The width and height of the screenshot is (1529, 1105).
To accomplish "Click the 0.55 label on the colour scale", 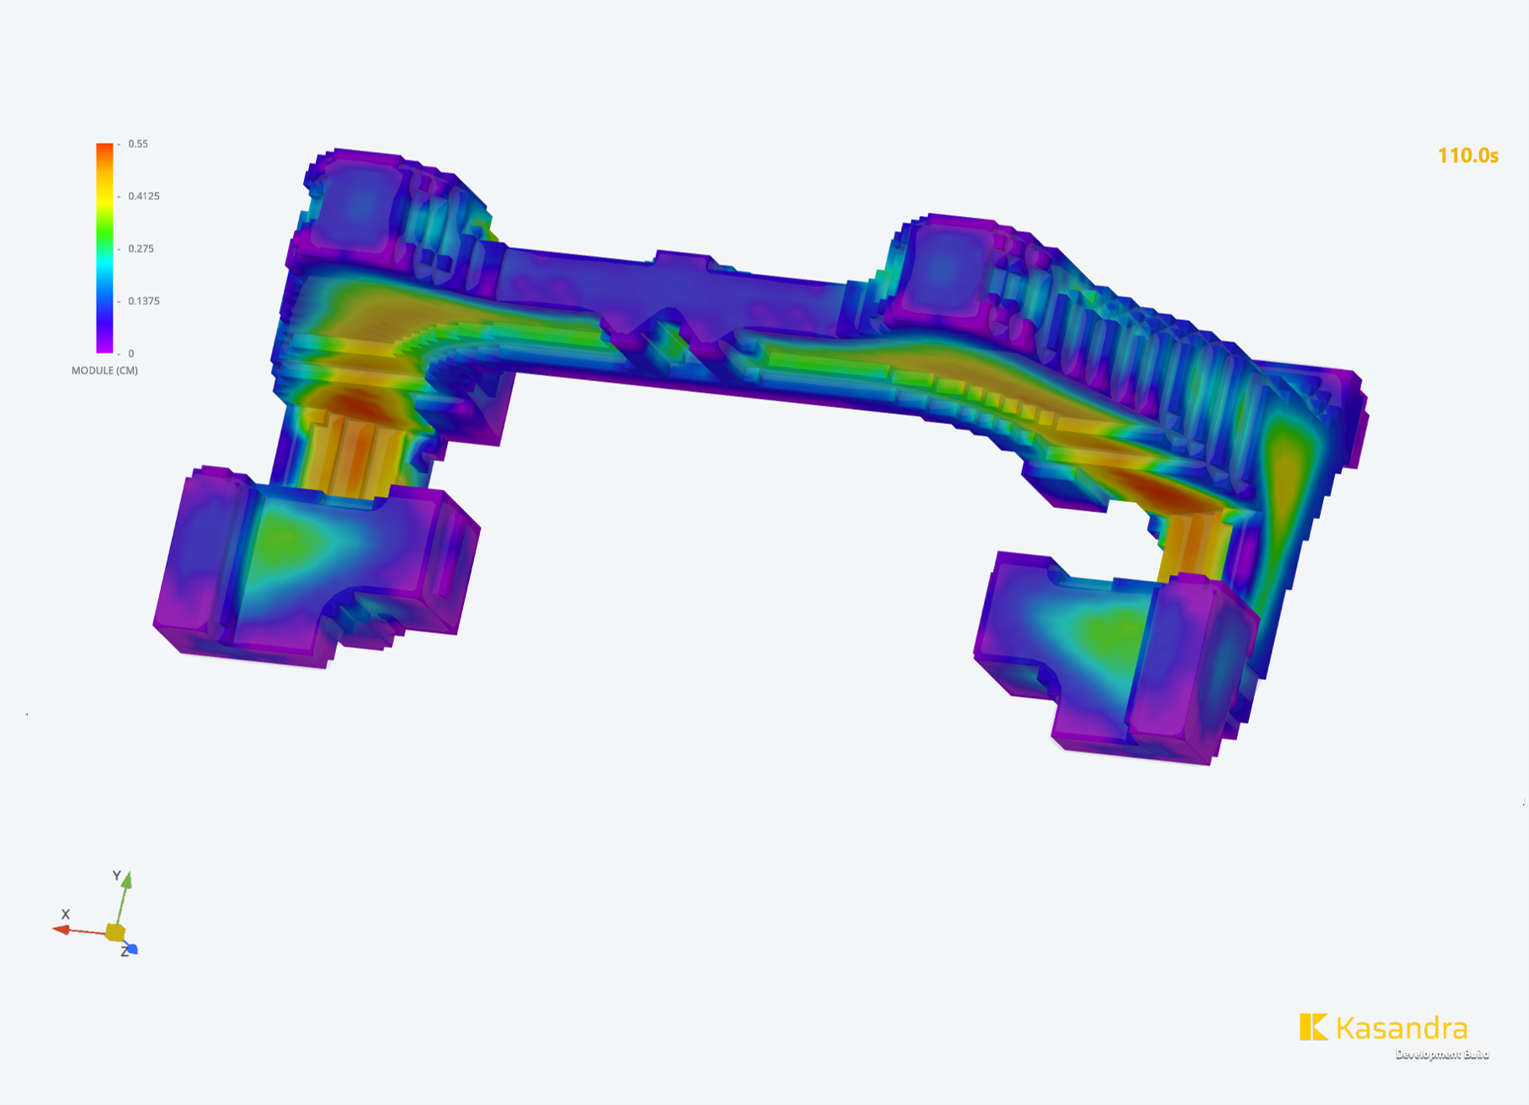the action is [138, 144].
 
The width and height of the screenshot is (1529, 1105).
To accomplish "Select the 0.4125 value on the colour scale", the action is [144, 196].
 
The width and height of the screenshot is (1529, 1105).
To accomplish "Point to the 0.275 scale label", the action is [141, 249].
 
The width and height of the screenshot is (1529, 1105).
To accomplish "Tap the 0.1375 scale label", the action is [144, 301].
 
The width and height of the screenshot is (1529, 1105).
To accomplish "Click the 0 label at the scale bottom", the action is [131, 354].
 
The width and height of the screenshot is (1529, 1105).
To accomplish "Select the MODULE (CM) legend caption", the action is [104, 371].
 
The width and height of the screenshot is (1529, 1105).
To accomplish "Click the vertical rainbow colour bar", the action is [104, 248].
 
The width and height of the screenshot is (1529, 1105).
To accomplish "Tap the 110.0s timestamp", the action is [1468, 156].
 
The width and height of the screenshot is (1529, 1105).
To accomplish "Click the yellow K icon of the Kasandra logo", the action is [1313, 1027].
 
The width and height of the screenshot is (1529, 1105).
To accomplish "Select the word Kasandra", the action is [1401, 1028].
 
